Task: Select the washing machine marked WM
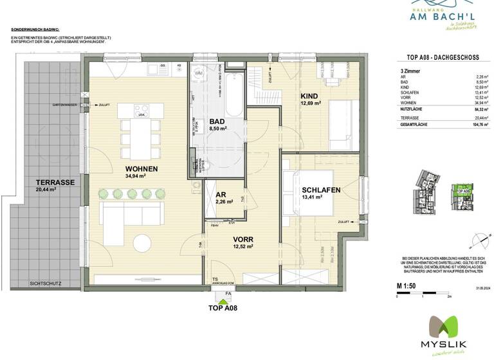click(x=198, y=75)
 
